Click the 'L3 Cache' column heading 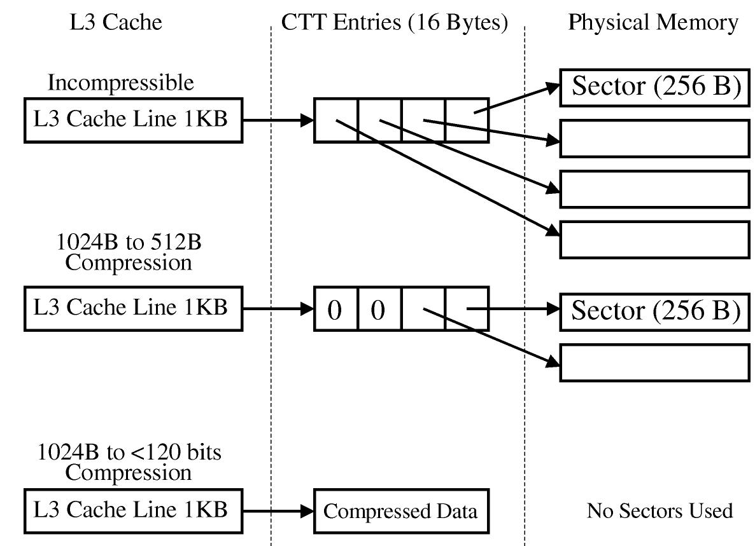point(115,23)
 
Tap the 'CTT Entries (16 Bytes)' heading point(395,23)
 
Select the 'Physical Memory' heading point(653,23)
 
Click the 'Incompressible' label point(120,83)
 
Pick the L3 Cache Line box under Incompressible point(133,119)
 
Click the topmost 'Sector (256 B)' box point(654,87)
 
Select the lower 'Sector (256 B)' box point(654,311)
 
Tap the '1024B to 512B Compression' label point(129,252)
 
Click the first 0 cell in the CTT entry point(335,310)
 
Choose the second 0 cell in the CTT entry point(379,310)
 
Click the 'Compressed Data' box point(401,511)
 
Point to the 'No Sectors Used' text point(660,510)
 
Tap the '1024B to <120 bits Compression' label point(129,462)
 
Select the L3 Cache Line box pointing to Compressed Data point(133,511)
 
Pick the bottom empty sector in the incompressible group point(654,239)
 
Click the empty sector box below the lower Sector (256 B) point(654,362)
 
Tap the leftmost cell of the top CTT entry point(335,119)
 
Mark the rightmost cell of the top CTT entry point(467,119)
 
